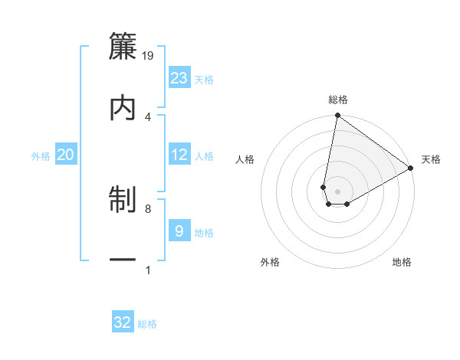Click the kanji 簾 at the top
tap(123, 47)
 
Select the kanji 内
tap(123, 108)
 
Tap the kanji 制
tap(123, 201)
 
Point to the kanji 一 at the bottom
tap(123, 261)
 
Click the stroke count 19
tap(149, 55)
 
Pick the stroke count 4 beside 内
tap(148, 116)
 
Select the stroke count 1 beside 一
tap(148, 270)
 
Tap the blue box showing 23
tap(179, 77)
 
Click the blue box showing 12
tap(179, 155)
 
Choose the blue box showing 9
tap(179, 231)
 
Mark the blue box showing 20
tap(66, 155)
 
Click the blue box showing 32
tap(123, 322)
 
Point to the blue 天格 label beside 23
tap(204, 80)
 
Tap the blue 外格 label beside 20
tap(41, 156)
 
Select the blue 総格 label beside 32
tap(147, 324)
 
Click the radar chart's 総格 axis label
tap(338, 100)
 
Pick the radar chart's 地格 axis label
tap(402, 262)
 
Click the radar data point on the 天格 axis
tap(411, 169)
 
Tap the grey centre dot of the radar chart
tap(338, 191)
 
